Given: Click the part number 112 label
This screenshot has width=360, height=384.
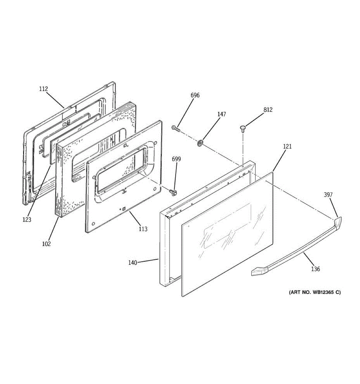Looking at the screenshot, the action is click(44, 89).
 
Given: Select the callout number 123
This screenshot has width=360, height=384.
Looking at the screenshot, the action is click(27, 220).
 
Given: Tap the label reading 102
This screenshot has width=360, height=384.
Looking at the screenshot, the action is click(46, 244).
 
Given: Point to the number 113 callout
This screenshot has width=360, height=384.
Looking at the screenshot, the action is click(143, 229).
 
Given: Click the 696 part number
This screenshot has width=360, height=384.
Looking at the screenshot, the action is click(195, 95).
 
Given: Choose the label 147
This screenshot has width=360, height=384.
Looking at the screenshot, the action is click(221, 114).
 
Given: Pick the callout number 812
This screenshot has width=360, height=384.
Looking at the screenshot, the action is click(268, 110).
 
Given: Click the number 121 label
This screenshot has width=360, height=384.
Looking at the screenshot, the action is click(287, 147).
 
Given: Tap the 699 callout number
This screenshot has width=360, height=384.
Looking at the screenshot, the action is click(176, 159).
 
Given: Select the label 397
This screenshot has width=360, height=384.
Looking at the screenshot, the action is click(328, 195).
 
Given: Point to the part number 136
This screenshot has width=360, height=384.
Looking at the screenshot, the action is click(316, 269).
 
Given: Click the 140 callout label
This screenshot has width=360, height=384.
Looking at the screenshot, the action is click(132, 263).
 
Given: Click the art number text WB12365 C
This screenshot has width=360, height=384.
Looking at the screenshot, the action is click(315, 292).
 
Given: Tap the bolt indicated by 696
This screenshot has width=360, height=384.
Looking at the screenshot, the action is click(175, 128).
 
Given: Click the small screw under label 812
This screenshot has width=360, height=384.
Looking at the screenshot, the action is click(243, 129).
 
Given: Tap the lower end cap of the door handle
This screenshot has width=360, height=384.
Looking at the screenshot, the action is click(257, 272).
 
